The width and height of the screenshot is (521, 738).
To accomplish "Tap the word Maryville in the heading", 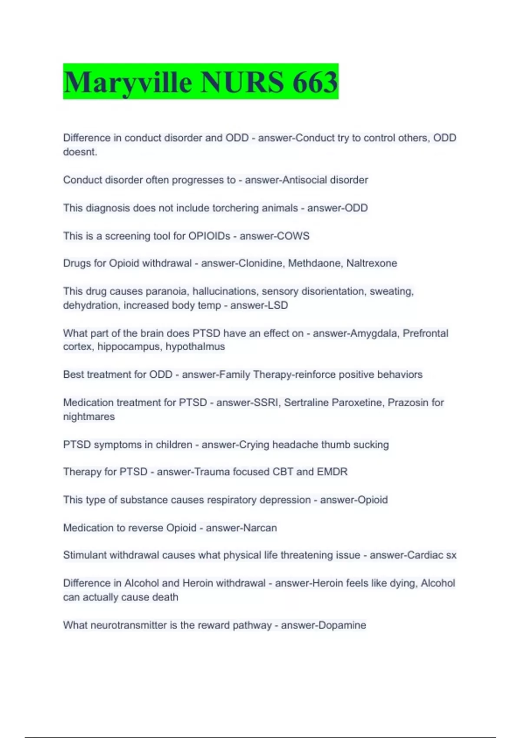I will click(x=128, y=82).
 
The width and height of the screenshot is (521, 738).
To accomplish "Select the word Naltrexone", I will click(x=372, y=263).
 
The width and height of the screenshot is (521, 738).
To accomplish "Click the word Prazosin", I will click(x=408, y=402).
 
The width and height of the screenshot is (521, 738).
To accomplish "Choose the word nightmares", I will click(x=89, y=417).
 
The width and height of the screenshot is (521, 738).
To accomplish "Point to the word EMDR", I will click(x=332, y=471).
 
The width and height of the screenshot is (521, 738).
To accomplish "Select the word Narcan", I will click(x=260, y=528).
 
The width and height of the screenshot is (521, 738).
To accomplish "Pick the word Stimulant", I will click(x=85, y=555).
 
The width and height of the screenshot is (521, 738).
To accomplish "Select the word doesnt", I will click(x=80, y=152).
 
